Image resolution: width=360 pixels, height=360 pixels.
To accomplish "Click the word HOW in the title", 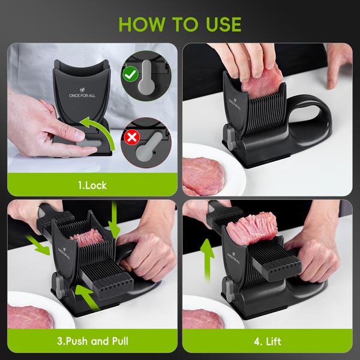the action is tap(142, 25).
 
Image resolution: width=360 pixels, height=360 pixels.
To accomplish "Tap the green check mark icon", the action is tap(130, 74).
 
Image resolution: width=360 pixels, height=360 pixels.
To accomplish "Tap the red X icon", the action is tap(132, 137).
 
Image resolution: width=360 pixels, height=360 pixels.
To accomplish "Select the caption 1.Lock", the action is tap(92, 185).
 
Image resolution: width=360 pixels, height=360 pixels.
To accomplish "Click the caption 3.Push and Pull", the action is tap(92, 341).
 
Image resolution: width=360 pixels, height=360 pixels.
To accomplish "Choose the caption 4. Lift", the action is tap(268, 341).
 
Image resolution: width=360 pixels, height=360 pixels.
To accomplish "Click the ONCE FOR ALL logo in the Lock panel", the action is tap(82, 93).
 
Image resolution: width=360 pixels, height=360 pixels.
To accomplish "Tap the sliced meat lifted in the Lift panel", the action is tap(252, 229).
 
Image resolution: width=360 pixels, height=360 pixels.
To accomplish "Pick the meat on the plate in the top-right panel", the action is tap(203, 176).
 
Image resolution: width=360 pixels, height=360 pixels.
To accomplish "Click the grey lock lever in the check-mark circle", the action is tap(146, 78).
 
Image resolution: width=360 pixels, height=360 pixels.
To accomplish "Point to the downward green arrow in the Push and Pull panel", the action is tap(114, 220).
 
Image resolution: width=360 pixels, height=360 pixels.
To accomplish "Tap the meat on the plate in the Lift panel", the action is tap(203, 319).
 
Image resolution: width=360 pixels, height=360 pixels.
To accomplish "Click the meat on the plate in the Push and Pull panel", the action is tap(31, 317).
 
